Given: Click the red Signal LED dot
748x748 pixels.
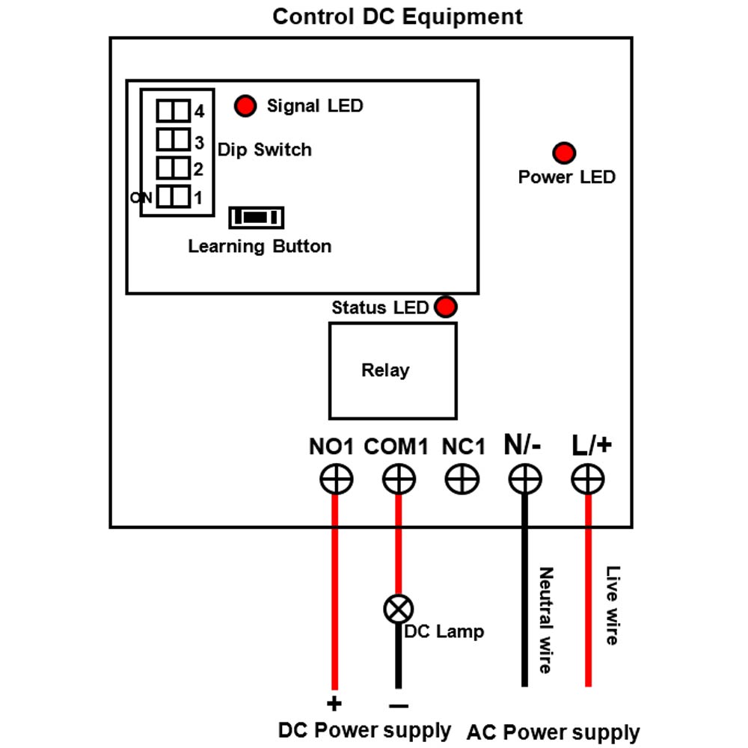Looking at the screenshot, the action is tap(245, 106).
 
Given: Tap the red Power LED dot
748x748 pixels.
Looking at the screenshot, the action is tap(564, 153).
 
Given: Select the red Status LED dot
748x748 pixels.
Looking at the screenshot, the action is tap(446, 307).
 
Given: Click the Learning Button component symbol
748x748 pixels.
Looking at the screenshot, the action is tap(256, 218).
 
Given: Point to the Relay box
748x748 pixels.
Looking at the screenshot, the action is tap(393, 371).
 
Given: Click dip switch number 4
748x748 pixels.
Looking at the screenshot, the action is tap(174, 111).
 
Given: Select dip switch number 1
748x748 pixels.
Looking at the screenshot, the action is tap(174, 197).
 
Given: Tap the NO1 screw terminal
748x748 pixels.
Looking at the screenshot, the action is tap(337, 479).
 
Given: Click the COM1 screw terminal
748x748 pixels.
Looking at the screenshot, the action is tap(399, 479).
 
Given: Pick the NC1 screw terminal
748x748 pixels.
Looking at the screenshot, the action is tap(462, 479).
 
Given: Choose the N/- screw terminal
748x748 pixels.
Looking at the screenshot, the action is tap(525, 479).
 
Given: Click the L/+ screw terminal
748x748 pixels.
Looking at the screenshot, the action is tap(588, 479).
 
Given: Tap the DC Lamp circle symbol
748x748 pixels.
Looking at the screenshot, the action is tap(399, 609).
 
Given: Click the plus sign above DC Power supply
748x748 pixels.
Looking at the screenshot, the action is tap(334, 704).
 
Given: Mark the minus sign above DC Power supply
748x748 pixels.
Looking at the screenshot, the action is tap(399, 705).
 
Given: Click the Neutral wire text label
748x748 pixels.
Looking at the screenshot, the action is tap(546, 620).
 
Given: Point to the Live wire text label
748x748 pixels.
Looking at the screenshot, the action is tap(613, 605).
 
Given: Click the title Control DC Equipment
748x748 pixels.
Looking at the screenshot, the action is tap(397, 16).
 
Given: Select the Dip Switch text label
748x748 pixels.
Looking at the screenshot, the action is tap(265, 150).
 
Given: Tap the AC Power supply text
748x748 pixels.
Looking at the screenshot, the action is tap(553, 733).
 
